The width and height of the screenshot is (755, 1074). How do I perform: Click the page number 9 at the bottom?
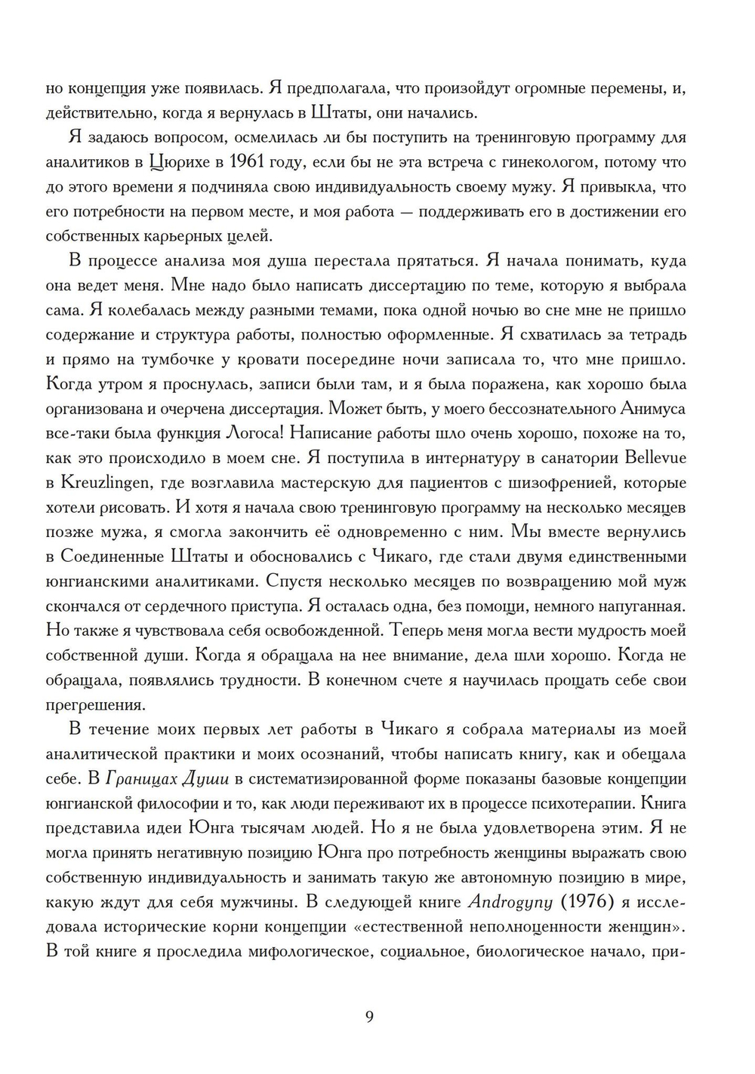(369, 1016)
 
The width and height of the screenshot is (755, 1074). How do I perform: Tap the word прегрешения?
(94, 705)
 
